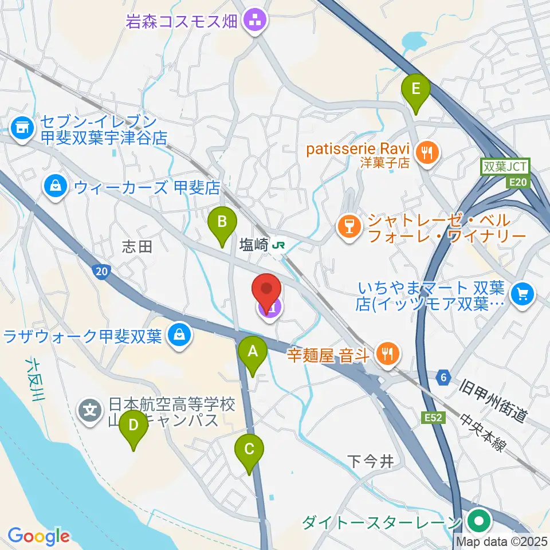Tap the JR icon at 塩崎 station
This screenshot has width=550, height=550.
[280, 245]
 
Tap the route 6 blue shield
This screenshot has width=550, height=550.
[442, 377]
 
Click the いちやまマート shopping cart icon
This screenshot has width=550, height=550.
[522, 294]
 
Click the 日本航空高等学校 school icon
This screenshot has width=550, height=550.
[90, 410]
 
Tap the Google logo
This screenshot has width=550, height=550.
[38, 536]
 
